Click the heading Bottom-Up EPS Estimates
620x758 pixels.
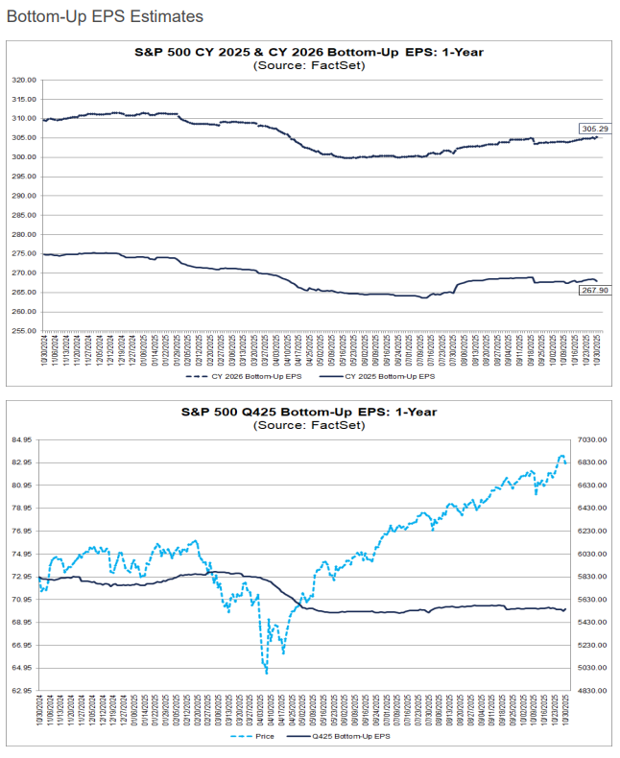pos(105,16)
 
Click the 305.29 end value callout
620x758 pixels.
pos(590,129)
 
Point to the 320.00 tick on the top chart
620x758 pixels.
pos(25,80)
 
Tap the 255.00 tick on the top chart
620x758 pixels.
pos(25,330)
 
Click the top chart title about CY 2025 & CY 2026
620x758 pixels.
pos(309,52)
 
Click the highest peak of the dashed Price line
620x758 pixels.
pos(561,456)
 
